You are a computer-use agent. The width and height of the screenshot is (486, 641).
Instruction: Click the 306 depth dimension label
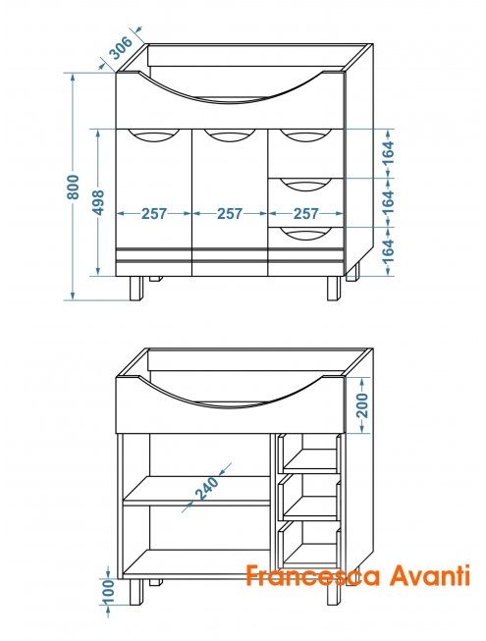(122, 48)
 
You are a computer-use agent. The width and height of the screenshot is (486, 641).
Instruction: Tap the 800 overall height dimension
(74, 187)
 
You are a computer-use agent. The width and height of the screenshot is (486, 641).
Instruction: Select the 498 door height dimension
(98, 202)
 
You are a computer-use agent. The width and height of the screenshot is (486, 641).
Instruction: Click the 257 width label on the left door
(154, 213)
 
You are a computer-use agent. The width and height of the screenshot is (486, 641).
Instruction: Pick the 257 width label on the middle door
(230, 213)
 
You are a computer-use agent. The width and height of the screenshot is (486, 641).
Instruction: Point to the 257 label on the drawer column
(305, 213)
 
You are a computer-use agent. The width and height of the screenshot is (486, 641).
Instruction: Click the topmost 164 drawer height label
(389, 153)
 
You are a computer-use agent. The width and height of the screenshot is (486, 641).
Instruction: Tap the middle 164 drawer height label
(389, 201)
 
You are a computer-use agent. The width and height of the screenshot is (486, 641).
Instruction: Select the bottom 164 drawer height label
(389, 250)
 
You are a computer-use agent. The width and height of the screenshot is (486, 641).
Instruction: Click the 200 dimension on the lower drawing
(362, 405)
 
